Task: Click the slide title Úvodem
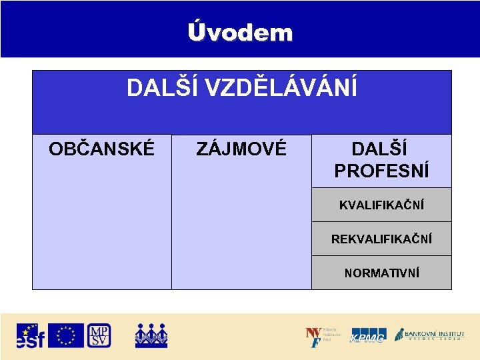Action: point(240,32)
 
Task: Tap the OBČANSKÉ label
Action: point(101,149)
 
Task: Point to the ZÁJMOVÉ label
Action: point(241,149)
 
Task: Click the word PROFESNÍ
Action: point(381,171)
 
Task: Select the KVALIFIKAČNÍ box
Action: point(381,205)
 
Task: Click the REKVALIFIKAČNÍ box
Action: point(381,239)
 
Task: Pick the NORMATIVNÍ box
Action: point(381,273)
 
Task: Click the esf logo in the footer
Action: point(31,335)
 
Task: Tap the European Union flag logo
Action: point(66,335)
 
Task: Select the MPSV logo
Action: point(99,335)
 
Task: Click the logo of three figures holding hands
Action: point(151,335)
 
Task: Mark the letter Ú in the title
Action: point(196,31)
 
